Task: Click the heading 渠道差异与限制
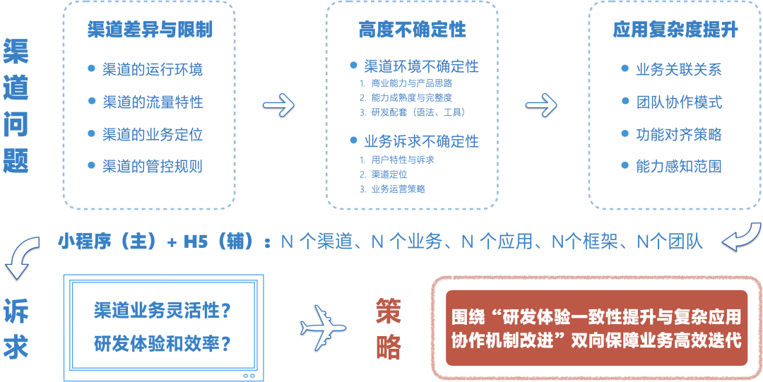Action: point(150,30)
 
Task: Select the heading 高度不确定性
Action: point(412,30)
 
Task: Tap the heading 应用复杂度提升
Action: point(675,30)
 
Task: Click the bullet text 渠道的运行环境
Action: point(152,69)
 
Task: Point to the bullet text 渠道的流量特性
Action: point(152,102)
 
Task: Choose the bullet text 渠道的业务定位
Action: point(152,134)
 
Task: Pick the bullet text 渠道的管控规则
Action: point(152,167)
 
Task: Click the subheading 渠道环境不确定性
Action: point(421,66)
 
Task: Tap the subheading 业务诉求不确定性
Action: point(421,141)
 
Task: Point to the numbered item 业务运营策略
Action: point(398,189)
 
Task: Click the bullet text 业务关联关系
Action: point(678,69)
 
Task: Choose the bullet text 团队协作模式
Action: point(678,102)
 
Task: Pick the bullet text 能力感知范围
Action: point(678,167)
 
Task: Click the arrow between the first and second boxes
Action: point(278,106)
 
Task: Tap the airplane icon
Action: point(323,327)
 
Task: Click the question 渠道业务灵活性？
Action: point(163,310)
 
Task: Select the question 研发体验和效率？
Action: point(163,344)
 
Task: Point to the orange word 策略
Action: point(389,328)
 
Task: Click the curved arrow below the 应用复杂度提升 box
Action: point(740,237)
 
